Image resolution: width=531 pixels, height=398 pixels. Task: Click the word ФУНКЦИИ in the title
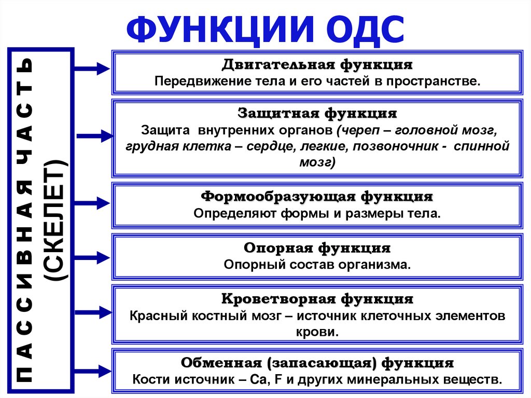207,30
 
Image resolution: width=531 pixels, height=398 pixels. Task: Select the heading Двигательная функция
317,66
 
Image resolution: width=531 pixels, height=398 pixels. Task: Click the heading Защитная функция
317,113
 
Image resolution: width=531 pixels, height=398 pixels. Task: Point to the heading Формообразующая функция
317,197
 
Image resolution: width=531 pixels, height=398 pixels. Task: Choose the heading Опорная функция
317,248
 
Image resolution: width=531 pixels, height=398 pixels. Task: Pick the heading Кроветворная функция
317,299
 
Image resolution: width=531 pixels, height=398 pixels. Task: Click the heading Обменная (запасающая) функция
317,362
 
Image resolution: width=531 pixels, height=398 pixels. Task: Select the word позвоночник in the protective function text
395,147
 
